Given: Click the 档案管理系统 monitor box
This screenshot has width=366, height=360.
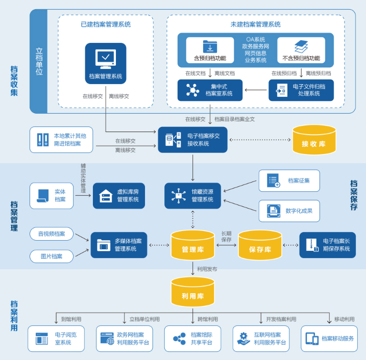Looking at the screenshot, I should pos(106,63).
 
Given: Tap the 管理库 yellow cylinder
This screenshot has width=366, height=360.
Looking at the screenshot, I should pos(192,245).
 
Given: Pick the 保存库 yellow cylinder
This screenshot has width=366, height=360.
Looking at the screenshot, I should pos(260,245).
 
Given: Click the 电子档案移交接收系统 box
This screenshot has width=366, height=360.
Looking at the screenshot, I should pos(192,140).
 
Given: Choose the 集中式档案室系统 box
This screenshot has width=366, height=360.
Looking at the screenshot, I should pos(210,90).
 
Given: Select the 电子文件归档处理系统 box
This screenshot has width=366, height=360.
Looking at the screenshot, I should pos(301,90).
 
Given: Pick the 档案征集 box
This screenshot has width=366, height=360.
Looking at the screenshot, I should pos(289,181).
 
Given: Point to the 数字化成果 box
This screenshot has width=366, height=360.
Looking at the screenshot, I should pos(289,211).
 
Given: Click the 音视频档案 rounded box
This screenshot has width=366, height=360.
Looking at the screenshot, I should pos(52,234).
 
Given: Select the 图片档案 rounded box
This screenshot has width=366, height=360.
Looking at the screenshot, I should pos(52,256).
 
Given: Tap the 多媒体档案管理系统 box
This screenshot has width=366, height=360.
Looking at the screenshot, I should pos(119,245).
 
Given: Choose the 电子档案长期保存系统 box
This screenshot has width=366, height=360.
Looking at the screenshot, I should pos(327,245).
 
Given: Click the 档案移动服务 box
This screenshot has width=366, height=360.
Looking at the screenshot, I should pos(329,339).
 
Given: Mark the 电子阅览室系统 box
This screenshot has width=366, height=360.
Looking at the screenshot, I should pos(56,339).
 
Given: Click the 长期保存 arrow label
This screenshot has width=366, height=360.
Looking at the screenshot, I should pos(226,237).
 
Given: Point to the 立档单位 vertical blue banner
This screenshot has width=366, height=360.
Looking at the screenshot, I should pos(39,61).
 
